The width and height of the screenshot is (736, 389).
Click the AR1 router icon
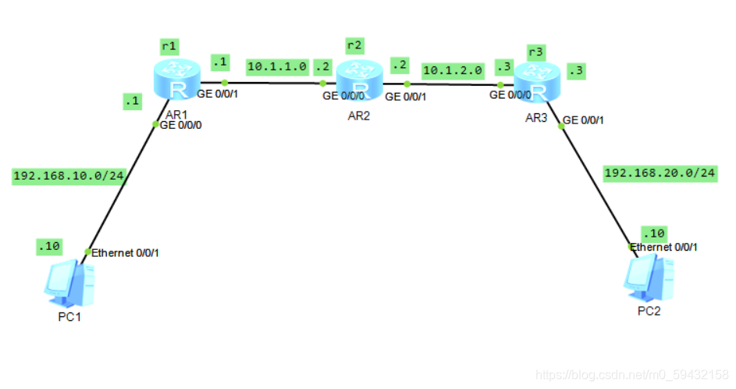click(178, 82)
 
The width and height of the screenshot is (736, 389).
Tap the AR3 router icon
click(535, 82)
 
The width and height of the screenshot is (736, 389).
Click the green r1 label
click(169, 46)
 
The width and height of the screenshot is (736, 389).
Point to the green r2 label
click(354, 45)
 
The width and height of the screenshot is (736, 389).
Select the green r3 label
click(535, 52)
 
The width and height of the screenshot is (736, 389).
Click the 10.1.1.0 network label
click(277, 66)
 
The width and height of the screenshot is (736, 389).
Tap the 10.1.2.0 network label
click(453, 70)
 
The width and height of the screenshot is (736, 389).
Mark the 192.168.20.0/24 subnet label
click(660, 173)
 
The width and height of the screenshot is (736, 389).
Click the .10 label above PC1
click(48, 247)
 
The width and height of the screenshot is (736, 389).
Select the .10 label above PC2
click(653, 234)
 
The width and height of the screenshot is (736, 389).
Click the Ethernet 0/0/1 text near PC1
click(126, 252)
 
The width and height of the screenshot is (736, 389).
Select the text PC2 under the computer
click(649, 311)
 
